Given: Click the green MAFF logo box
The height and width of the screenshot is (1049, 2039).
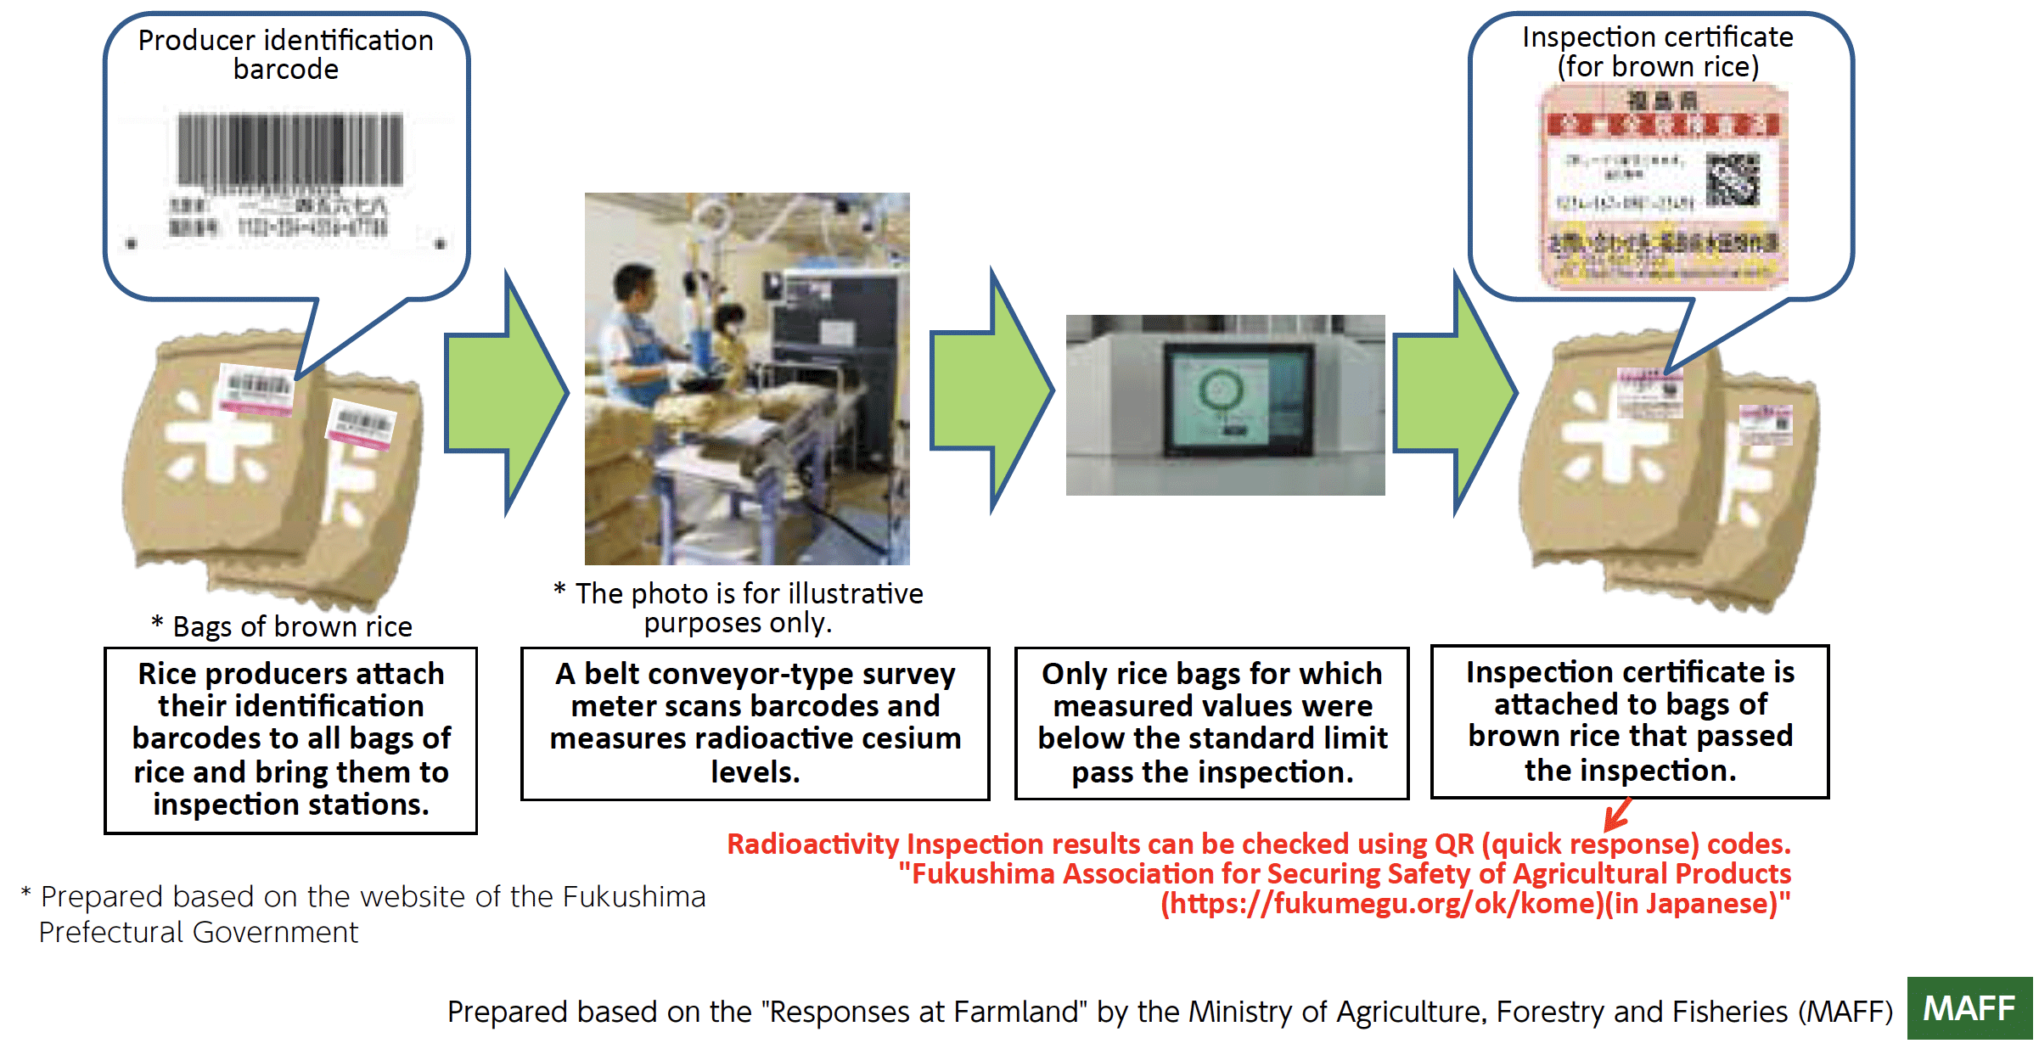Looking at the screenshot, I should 1969,1008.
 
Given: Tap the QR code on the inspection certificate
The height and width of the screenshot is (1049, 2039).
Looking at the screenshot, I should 1733,179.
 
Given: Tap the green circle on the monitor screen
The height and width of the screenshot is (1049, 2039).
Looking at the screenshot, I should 1221,391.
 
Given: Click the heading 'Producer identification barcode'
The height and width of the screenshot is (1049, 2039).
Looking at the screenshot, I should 286,54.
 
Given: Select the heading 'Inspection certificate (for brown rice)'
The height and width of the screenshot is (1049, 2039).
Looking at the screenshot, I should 1658,52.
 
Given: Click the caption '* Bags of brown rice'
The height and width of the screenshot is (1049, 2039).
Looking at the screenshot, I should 283,626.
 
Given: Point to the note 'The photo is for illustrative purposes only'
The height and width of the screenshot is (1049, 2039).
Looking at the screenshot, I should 738,608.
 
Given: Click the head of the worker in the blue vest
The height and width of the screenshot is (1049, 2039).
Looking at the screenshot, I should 634,285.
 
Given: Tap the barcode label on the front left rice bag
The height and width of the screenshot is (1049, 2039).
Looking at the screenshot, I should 256,391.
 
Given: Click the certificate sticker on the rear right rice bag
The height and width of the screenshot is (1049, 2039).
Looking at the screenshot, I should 1766,424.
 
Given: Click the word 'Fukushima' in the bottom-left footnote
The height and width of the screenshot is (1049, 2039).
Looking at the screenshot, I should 633,896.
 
